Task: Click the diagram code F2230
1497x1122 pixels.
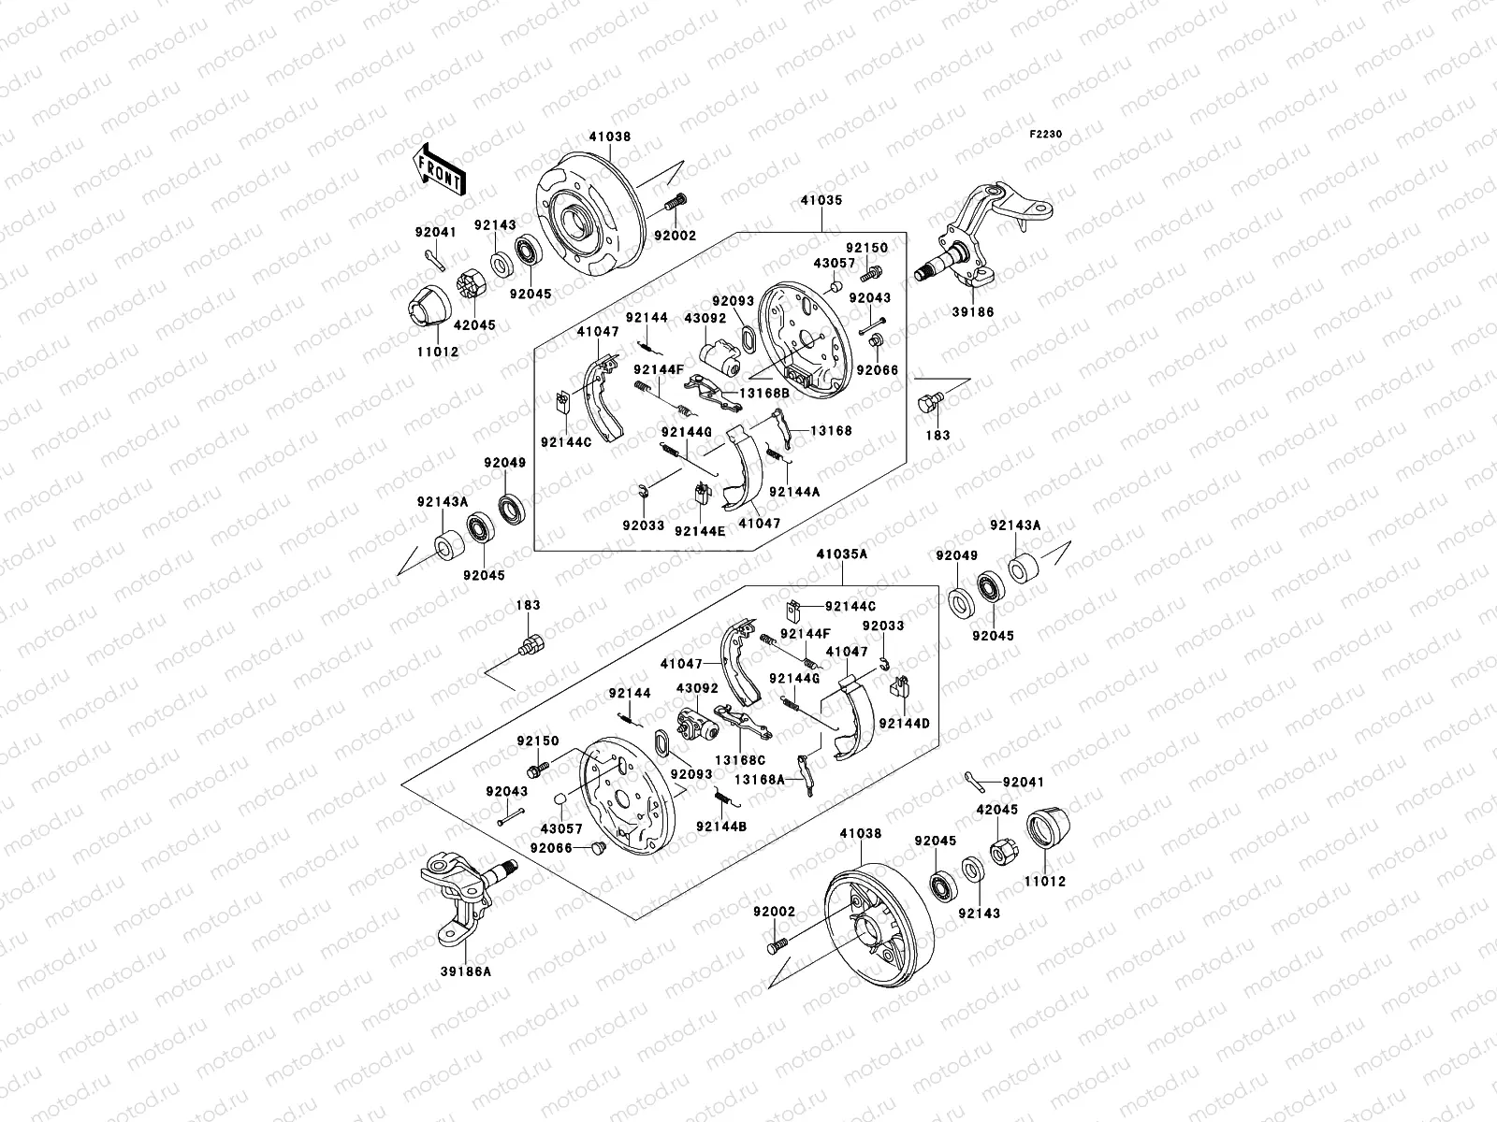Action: click(1046, 135)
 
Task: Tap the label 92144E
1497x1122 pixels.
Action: click(700, 529)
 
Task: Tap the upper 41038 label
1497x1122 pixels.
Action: click(609, 137)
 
